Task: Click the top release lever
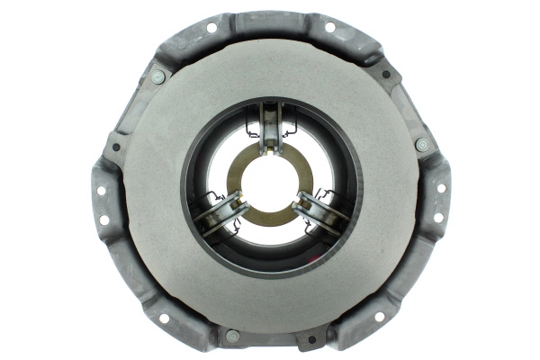click(270, 127)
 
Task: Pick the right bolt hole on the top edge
click(328, 27)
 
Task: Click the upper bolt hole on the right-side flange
click(441, 187)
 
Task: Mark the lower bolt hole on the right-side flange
click(437, 218)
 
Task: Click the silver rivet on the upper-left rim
click(157, 77)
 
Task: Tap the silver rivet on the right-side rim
click(421, 145)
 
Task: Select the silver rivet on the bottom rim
click(232, 336)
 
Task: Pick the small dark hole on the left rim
click(117, 147)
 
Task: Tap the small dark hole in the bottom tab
click(311, 340)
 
